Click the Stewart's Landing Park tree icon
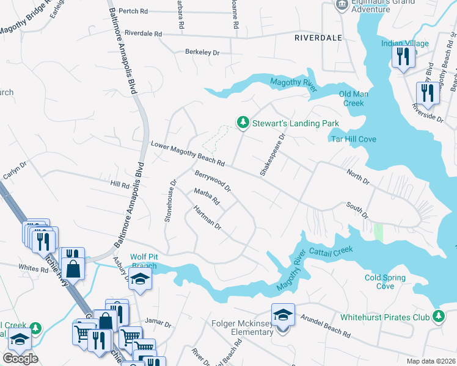point(243,123)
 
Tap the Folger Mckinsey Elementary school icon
point(283,315)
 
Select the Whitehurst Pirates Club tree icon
point(438,317)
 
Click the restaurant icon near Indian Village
point(403,57)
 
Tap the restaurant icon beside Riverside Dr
point(426,92)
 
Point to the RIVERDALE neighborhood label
point(318,37)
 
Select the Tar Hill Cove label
point(353,139)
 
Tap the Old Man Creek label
point(354,98)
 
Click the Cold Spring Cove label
point(385,282)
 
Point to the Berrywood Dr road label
point(213,181)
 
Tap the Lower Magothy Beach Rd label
point(188,153)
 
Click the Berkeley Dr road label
point(202,52)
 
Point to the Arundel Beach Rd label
point(327,328)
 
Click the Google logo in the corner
point(20,359)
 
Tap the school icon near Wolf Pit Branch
point(141,280)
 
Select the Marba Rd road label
point(207,197)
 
